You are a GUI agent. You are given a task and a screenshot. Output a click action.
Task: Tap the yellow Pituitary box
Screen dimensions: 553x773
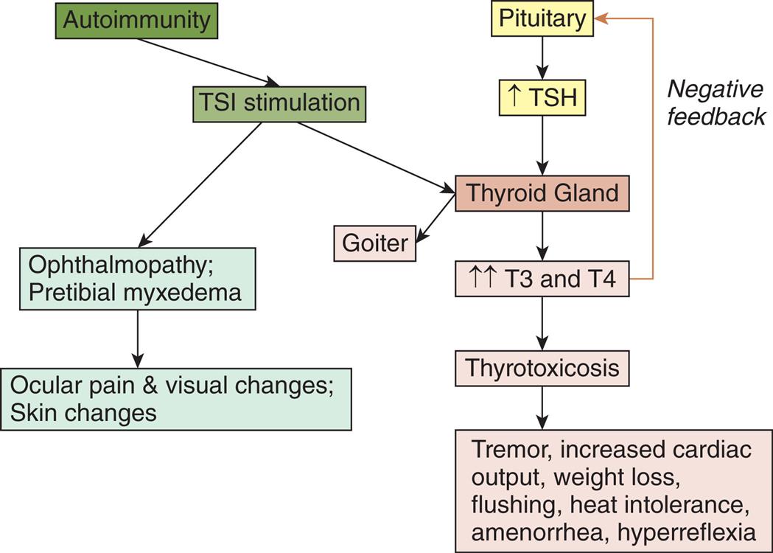[x=542, y=18]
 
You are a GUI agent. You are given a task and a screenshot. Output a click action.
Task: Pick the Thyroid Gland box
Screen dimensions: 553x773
[x=542, y=193]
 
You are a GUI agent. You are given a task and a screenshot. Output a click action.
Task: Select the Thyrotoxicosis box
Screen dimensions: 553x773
[x=542, y=366]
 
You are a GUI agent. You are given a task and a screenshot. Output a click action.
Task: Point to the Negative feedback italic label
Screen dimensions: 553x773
[x=716, y=103]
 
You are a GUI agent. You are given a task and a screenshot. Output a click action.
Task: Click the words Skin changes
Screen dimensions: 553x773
[x=83, y=412]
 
